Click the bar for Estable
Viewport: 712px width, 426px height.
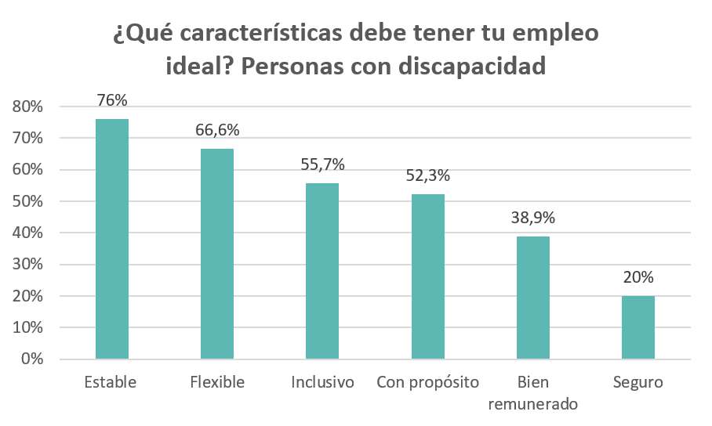111,239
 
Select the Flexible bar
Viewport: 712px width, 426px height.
217,254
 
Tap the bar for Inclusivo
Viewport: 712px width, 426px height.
322,271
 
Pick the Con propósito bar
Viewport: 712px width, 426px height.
427,276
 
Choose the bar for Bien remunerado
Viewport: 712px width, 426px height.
533,298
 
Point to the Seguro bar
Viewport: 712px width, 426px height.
638,327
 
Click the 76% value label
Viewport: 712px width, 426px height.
112,100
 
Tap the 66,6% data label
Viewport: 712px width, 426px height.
217,130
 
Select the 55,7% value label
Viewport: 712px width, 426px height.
322,164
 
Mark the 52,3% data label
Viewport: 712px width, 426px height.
428,175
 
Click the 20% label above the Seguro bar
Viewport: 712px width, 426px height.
638,277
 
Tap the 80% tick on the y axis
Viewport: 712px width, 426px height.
27,106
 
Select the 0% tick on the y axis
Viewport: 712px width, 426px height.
31,359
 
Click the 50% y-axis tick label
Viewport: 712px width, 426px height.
27,201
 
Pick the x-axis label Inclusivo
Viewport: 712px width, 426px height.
322,383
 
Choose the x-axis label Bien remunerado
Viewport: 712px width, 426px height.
533,393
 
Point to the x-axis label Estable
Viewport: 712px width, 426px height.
111,383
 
